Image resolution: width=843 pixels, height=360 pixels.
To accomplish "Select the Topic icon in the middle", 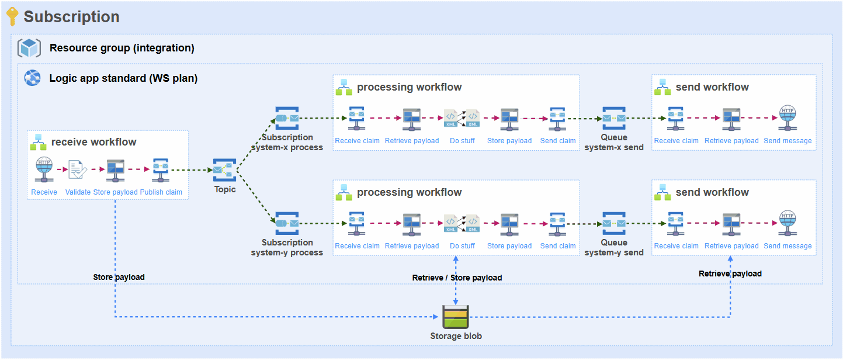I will point(225,170).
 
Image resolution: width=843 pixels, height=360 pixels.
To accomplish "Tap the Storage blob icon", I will point(456,317).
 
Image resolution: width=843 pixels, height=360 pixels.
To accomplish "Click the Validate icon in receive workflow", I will point(78,170).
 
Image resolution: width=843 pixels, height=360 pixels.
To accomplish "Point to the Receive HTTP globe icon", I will point(44,169).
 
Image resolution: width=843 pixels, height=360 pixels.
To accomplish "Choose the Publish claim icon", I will point(161,170).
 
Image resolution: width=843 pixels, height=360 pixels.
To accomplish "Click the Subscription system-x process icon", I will point(287,118).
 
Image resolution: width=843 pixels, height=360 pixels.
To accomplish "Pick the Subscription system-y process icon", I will point(287,223).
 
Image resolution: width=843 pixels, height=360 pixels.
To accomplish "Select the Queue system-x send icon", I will point(614,118).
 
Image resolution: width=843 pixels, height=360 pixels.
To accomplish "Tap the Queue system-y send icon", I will point(614,223).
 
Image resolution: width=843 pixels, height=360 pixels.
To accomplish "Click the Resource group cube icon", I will point(29,48).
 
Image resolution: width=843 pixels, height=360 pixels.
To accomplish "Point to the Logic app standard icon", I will point(32,78).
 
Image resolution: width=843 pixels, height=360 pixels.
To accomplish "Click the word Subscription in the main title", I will point(71,17).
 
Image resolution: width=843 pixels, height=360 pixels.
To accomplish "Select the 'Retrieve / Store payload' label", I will point(457,278).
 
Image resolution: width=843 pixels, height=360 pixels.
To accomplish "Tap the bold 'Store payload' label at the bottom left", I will point(119,277).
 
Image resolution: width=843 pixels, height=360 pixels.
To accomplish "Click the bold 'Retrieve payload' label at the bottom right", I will point(730,274).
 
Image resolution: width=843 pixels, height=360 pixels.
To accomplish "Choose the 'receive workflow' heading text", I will point(93,142).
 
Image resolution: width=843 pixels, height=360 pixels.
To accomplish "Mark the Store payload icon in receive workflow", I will point(115,170).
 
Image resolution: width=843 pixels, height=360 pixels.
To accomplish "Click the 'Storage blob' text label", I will point(456,336).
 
